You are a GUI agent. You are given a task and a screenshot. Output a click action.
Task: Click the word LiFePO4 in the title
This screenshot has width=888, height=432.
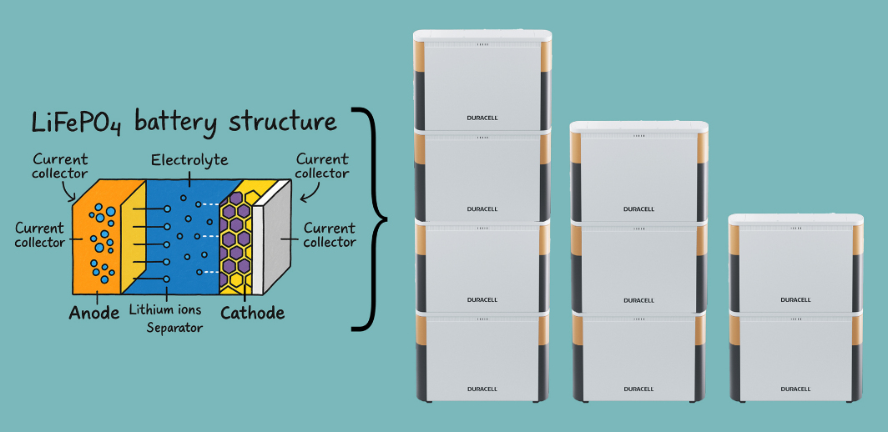tap(77, 123)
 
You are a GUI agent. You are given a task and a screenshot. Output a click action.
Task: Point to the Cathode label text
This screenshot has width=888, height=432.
tap(252, 314)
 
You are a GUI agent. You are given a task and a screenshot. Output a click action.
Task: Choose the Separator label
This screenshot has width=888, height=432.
tap(174, 328)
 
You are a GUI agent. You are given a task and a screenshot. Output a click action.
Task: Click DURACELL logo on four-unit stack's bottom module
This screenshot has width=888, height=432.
tap(482, 389)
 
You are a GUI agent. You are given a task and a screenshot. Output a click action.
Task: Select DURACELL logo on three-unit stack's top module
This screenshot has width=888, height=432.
tap(638, 209)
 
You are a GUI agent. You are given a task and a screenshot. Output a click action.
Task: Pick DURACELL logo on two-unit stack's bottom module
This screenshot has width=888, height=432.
tap(795, 389)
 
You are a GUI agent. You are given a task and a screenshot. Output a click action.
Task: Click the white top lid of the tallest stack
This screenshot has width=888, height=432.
tap(482, 37)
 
